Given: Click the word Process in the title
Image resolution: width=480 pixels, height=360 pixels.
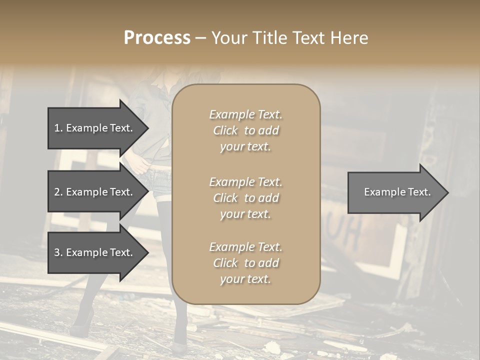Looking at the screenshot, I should click(157, 38).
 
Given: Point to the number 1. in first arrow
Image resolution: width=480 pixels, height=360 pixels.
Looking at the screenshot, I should click(58, 128).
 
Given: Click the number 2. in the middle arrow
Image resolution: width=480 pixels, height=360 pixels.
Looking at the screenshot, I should click(58, 192).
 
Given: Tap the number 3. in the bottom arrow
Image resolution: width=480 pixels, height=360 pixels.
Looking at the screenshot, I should click(58, 252).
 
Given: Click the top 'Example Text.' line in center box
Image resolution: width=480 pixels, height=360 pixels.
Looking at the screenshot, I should click(245, 114).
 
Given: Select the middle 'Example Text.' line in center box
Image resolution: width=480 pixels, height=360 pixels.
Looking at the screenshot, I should click(245, 181).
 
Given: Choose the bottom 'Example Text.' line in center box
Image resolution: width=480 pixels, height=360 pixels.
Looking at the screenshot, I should click(245, 247).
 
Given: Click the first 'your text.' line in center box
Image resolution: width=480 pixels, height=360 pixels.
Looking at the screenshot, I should click(245, 147).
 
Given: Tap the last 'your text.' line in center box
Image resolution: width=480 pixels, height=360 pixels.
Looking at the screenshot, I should click(245, 279).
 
